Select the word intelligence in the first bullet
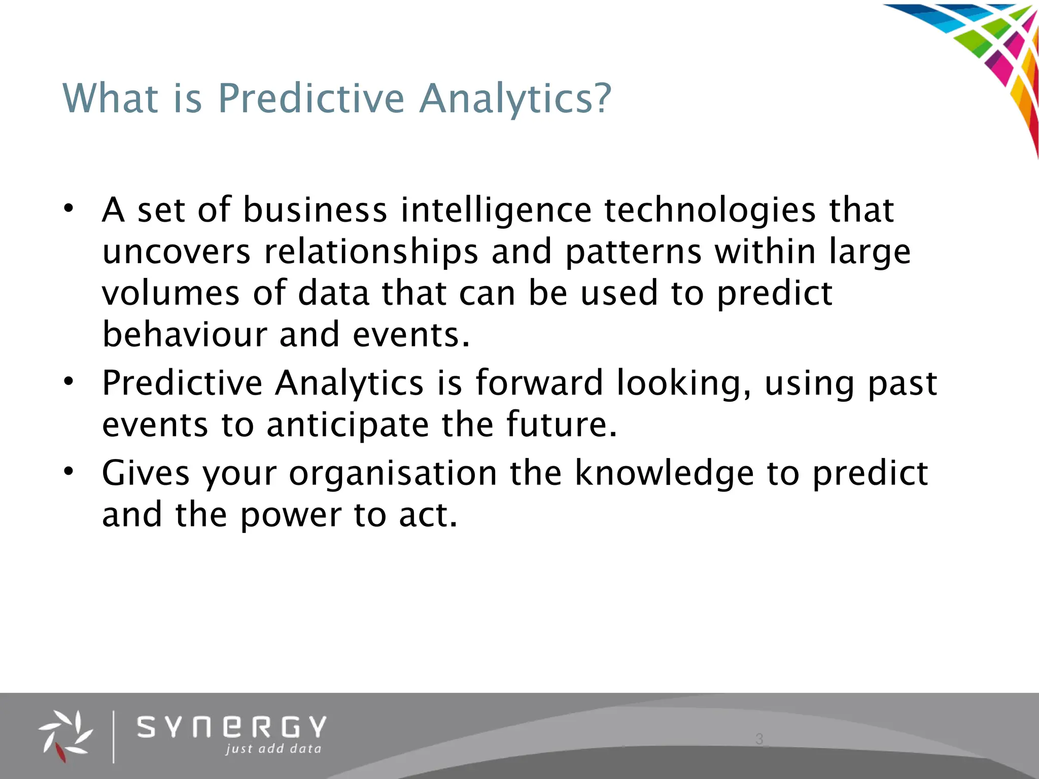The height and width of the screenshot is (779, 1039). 496,210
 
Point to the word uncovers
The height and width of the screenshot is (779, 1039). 176,252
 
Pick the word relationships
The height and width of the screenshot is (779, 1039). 371,252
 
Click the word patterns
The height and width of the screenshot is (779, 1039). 633,252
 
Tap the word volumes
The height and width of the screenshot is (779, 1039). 170,294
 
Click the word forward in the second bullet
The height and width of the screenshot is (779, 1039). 539,383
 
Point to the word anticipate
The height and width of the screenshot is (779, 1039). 348,424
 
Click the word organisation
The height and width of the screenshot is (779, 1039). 393,473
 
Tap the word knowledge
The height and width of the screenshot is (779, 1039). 664,473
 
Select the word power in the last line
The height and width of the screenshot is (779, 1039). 291,515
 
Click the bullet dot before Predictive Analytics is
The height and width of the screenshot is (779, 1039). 69,381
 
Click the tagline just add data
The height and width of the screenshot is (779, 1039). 273,749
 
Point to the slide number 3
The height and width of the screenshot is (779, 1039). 759,739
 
